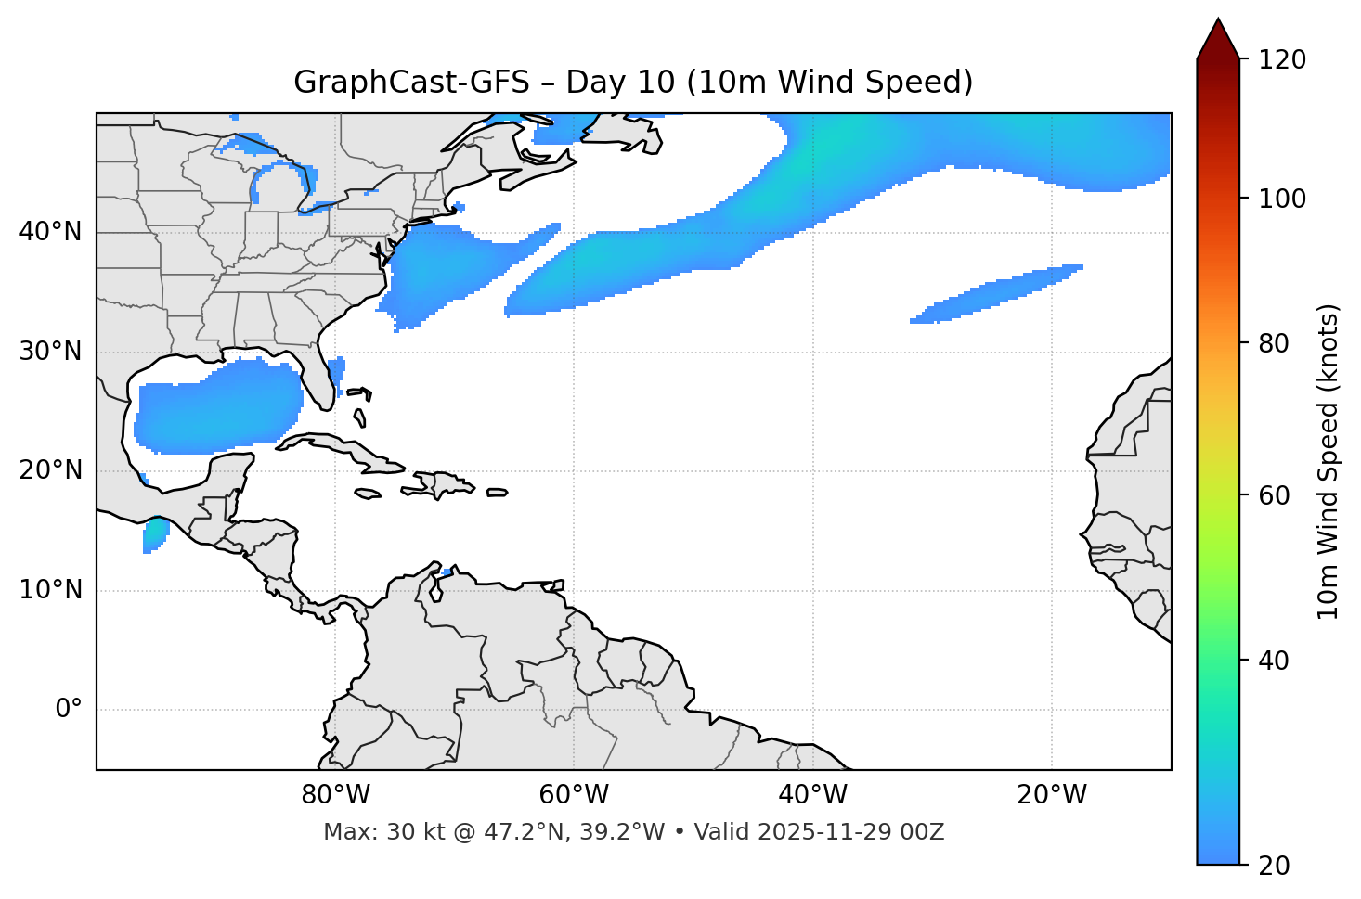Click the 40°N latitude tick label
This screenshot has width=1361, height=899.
(x=50, y=232)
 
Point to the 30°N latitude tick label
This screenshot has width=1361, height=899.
(x=50, y=352)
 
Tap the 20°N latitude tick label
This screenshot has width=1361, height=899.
(x=50, y=470)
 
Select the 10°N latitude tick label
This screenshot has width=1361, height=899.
(x=50, y=590)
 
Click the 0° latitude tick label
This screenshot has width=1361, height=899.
(x=69, y=710)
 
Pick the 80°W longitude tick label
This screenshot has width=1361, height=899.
(x=335, y=795)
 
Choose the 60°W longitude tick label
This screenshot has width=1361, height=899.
(x=574, y=795)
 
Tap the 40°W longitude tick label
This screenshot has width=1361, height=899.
(x=813, y=795)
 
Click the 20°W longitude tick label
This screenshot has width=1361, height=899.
(x=1052, y=795)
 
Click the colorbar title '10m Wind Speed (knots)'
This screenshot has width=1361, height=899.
(x=1329, y=462)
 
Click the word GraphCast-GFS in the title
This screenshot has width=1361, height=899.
(x=411, y=83)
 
